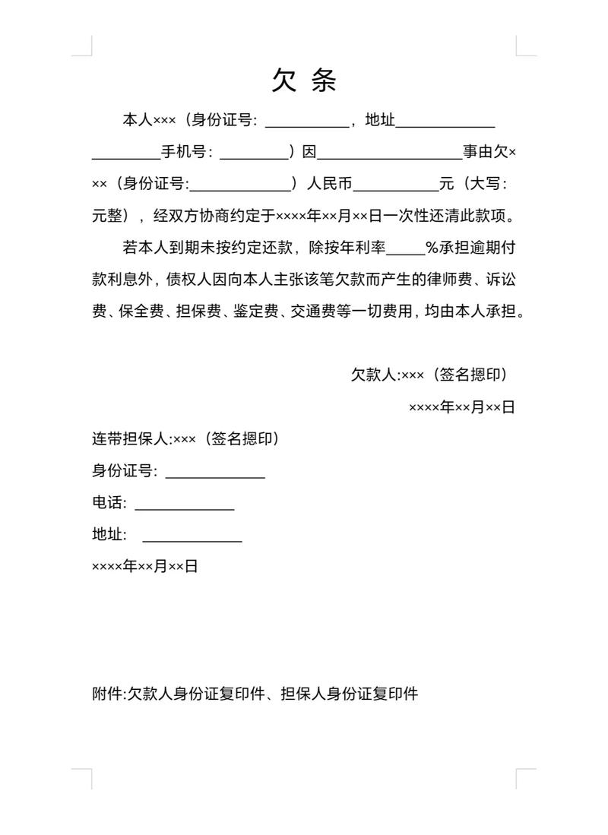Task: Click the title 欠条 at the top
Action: tap(304, 80)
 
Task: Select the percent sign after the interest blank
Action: tap(432, 248)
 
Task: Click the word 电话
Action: tap(107, 503)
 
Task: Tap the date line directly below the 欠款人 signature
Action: tap(462, 407)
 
